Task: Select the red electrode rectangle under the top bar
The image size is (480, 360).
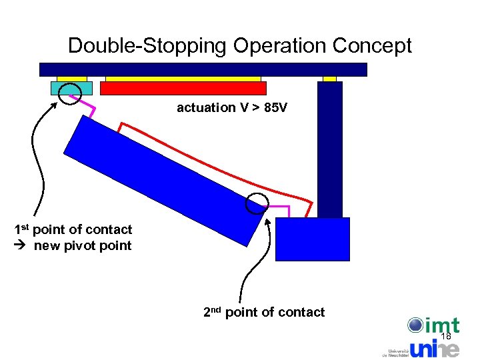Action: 183,88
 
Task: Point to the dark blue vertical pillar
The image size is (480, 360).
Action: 330,150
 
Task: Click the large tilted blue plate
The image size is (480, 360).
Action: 163,177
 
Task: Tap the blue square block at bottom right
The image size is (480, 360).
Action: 312,239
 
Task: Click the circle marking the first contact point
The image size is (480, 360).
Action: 67,95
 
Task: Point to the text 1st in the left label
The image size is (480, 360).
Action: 22,230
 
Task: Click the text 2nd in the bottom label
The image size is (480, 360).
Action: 212,312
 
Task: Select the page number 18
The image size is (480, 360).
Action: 446,337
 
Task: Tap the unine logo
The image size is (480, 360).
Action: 434,349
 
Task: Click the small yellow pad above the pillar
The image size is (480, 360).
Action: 329,79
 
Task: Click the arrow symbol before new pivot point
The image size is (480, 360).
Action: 20,246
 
